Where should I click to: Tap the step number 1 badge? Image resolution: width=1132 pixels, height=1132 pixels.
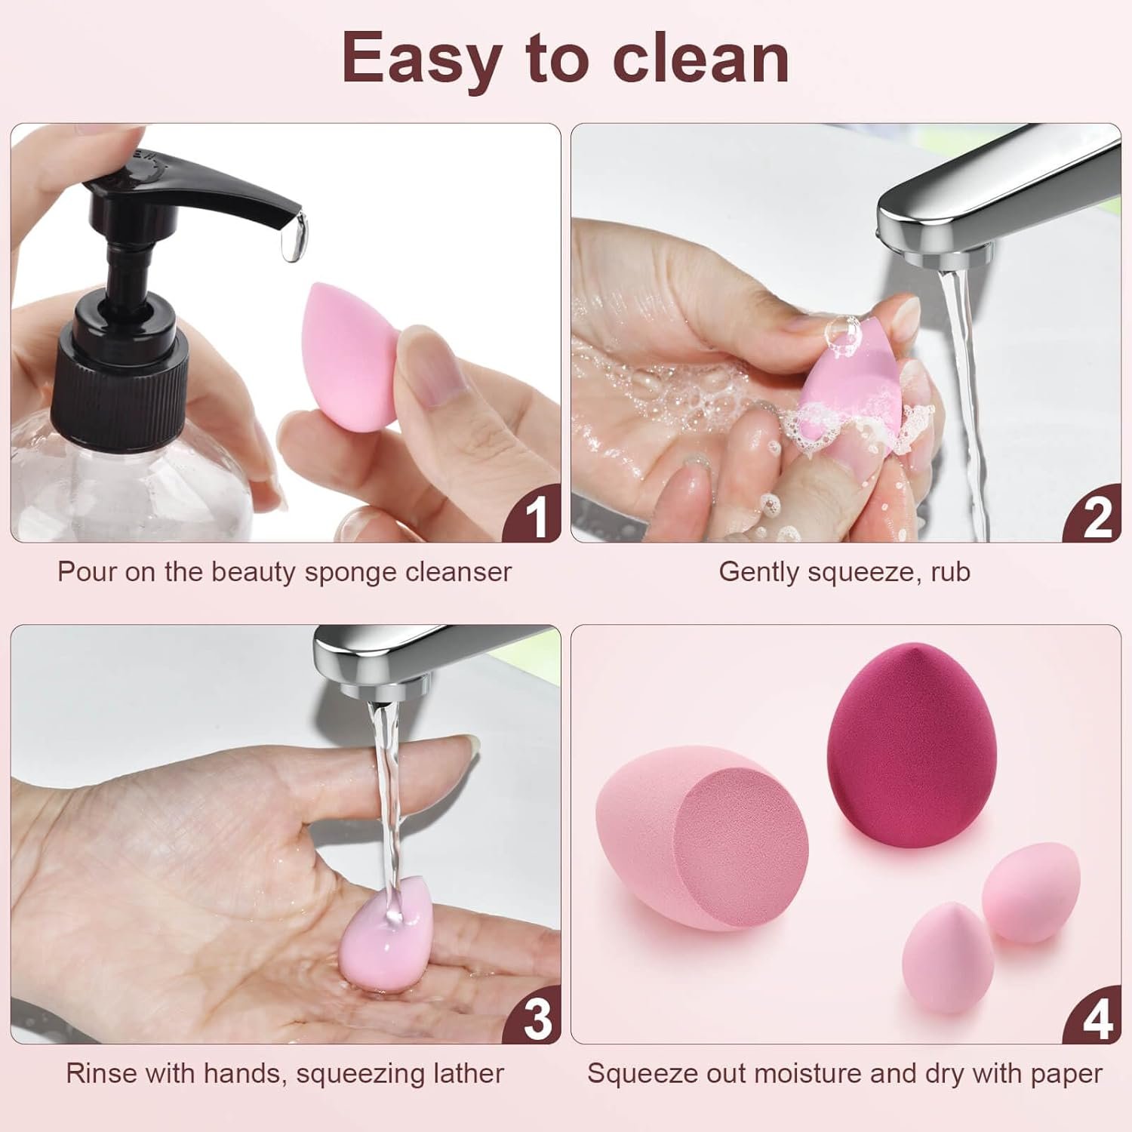coord(534,515)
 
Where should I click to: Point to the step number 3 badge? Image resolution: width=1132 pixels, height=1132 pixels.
coord(534,1017)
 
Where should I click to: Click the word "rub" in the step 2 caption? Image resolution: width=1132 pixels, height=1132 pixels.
coord(950,572)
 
